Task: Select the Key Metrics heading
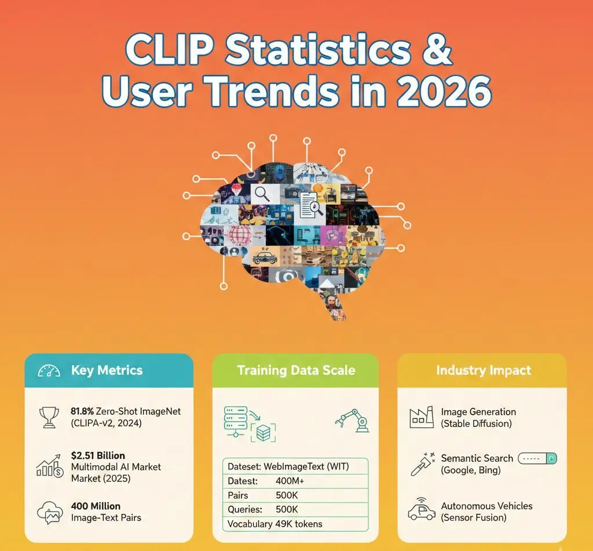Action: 107,370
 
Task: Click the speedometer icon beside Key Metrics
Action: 49,371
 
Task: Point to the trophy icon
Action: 49,417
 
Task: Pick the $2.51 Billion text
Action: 97,455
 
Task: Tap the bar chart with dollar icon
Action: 50,466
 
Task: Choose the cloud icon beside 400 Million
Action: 49,511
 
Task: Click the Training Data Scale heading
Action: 296,370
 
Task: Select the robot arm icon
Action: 352,420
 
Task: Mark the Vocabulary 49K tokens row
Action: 274,524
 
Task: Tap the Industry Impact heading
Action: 483,370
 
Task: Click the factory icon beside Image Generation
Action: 421,417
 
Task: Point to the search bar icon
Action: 536,458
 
